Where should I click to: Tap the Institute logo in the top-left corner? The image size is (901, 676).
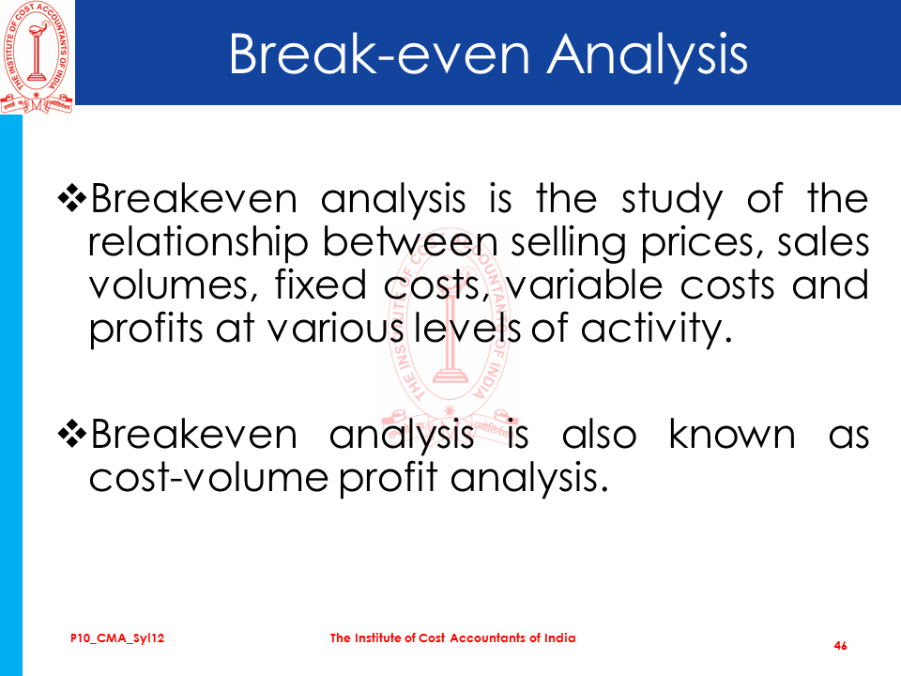click(37, 57)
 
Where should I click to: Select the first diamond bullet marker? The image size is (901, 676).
click(72, 199)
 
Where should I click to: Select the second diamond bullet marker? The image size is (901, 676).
click(72, 434)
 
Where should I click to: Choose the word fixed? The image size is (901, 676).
click(321, 284)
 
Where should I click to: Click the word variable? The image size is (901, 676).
click(584, 284)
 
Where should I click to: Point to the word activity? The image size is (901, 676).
click(656, 330)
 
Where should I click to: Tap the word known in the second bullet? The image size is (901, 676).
click(732, 433)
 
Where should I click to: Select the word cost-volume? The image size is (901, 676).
click(208, 478)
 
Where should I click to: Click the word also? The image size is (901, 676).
click(600, 433)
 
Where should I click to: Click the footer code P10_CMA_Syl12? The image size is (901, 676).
click(117, 638)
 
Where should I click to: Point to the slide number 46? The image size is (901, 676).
click(840, 646)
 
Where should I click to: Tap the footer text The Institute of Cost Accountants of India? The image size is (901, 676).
click(452, 638)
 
